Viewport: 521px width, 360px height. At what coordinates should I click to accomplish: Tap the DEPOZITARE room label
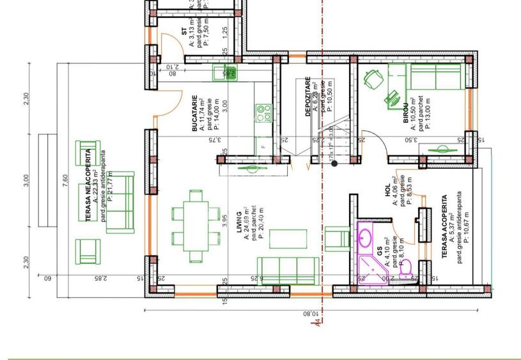[307, 97]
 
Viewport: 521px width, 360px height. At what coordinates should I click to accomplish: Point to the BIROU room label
[405, 113]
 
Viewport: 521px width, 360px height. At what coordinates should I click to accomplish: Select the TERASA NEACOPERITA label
[88, 185]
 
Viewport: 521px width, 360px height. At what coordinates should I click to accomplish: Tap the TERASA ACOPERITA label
[444, 227]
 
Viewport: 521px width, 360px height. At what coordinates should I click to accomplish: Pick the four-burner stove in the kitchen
[263, 114]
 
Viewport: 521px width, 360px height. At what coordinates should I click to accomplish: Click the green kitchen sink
[224, 73]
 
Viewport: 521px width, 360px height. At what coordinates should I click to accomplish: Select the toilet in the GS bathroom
[405, 269]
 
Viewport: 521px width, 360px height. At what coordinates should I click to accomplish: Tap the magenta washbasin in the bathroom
[365, 239]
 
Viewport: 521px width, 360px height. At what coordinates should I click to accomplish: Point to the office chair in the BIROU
[372, 80]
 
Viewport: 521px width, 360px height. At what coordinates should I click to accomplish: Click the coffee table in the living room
[288, 239]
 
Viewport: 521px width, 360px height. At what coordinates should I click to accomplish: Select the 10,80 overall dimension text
[309, 314]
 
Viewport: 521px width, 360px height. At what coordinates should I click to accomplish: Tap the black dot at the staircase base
[334, 164]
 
